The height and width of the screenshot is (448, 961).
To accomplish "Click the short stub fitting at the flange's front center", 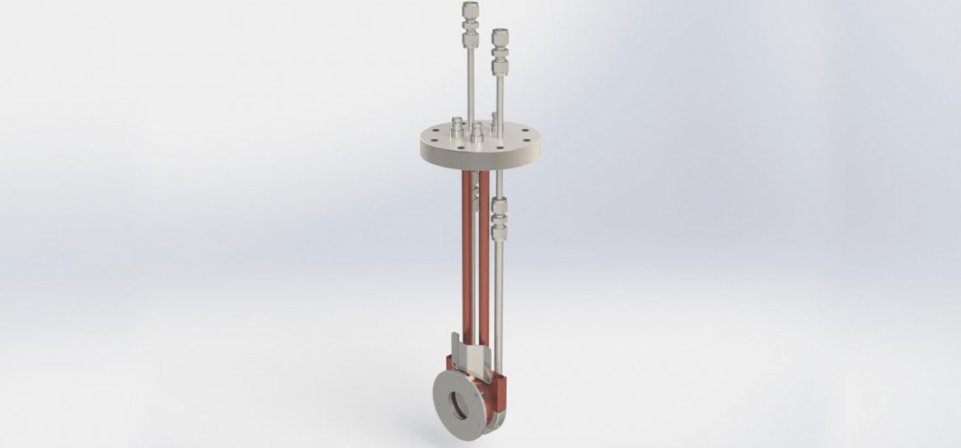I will [x=477, y=132].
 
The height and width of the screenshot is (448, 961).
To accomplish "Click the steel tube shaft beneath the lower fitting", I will [x=499, y=295].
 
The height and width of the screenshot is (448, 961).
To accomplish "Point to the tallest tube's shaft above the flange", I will [x=470, y=84].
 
